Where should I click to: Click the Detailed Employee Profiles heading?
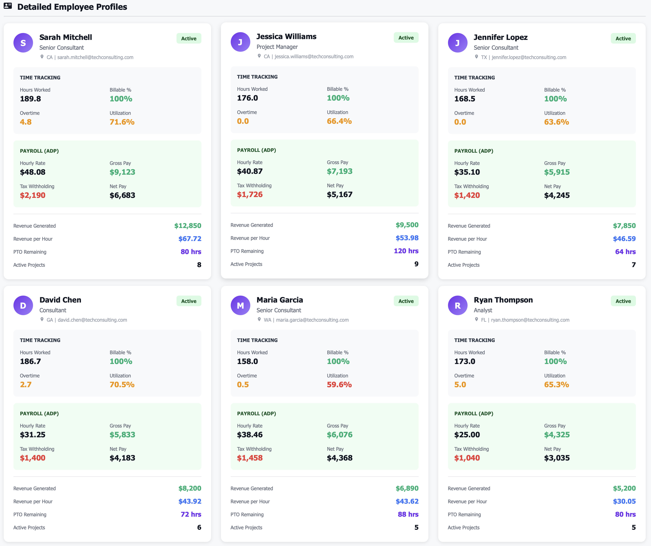click(x=72, y=7)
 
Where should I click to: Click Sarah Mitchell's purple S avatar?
click(x=23, y=43)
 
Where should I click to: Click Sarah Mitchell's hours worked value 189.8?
click(x=30, y=99)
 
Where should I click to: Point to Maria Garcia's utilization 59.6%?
click(x=339, y=385)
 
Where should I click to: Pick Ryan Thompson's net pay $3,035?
click(x=557, y=458)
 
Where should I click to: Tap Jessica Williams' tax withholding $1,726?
click(x=249, y=194)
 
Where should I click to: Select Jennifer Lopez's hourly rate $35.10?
click(x=467, y=172)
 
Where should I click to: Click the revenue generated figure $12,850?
click(x=188, y=226)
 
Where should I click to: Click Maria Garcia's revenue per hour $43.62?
click(x=407, y=501)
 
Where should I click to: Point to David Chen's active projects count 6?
click(x=199, y=527)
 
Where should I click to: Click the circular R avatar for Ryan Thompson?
click(x=458, y=306)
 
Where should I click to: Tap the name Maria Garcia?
click(x=280, y=300)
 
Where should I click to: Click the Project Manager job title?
click(x=277, y=47)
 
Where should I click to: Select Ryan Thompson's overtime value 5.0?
click(x=460, y=385)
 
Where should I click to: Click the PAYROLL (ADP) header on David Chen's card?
click(x=39, y=413)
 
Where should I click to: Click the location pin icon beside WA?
click(x=259, y=319)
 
